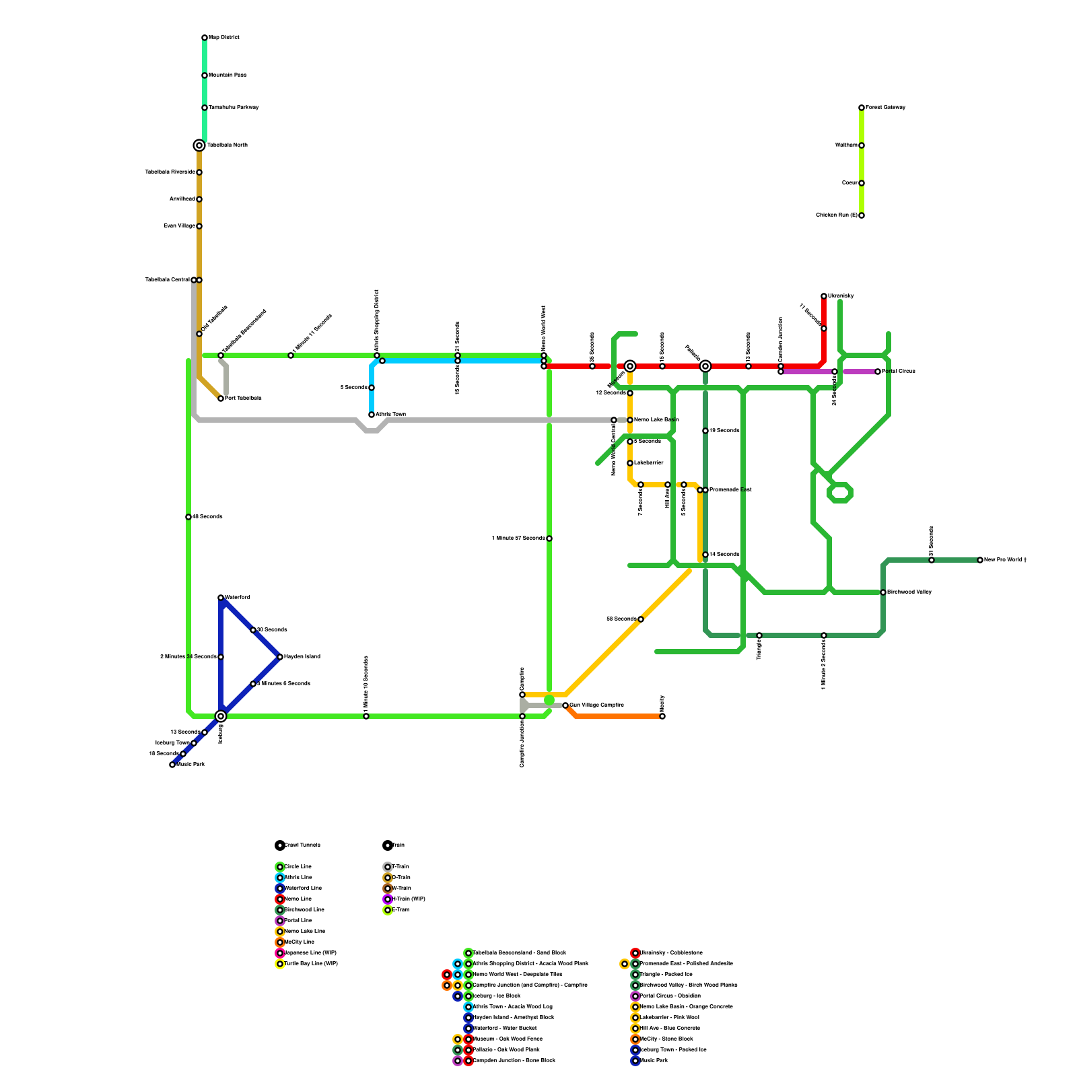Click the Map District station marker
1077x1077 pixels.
tap(205, 38)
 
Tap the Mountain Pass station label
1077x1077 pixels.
tap(228, 75)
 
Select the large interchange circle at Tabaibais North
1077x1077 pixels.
tap(199, 145)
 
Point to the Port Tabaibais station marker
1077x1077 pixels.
tap(221, 398)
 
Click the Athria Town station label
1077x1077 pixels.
tap(390, 415)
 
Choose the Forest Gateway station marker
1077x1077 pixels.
tap(862, 108)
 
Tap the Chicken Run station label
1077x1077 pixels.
tap(836, 215)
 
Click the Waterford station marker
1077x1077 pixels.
tap(221, 598)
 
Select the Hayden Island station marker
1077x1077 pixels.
tap(280, 657)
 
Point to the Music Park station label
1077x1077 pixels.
tap(191, 765)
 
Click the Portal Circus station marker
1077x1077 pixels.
tap(878, 372)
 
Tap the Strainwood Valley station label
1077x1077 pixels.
tap(909, 592)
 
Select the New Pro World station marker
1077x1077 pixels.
tap(980, 560)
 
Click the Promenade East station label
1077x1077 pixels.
tap(730, 490)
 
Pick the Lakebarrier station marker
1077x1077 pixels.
tap(630, 463)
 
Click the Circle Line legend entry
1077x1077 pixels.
tap(298, 867)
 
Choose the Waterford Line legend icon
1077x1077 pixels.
tap(280, 889)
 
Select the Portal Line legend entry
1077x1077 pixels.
tap(298, 921)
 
